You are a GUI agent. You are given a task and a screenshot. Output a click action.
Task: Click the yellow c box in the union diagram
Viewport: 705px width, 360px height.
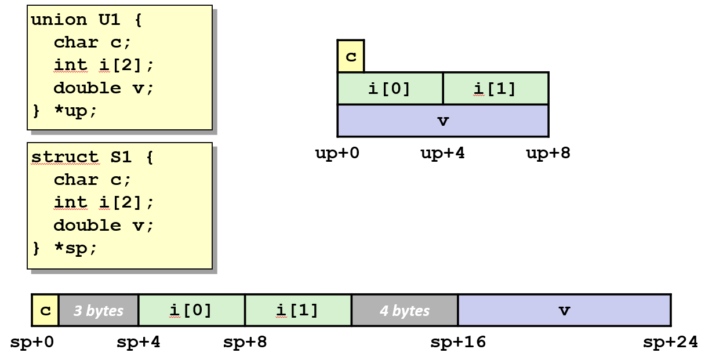coord(351,56)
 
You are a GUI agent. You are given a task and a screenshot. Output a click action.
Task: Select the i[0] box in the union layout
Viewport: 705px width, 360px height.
coord(390,89)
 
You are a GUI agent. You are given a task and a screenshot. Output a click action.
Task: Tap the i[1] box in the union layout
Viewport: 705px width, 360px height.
coord(495,89)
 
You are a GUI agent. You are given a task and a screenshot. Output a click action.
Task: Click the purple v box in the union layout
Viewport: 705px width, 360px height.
coord(443,121)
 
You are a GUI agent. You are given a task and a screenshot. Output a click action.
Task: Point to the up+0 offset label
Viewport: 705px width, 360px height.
coord(337,154)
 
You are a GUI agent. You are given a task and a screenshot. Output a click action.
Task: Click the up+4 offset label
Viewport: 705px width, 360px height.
coord(443,154)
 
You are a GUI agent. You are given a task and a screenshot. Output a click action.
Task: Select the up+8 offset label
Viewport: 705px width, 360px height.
coord(548,154)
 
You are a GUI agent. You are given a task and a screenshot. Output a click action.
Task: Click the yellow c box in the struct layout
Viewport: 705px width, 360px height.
coord(45,310)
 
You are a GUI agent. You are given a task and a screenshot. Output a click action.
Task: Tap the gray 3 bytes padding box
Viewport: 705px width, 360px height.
coord(99,310)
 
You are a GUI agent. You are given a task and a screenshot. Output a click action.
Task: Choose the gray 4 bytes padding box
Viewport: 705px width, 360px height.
coord(405,310)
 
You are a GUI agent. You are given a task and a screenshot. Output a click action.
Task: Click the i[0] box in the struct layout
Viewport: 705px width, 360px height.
coord(191,310)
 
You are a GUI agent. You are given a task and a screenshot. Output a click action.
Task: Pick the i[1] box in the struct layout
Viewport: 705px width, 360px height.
coord(298,310)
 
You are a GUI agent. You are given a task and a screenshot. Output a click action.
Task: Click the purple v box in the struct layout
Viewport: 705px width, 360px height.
coord(564,310)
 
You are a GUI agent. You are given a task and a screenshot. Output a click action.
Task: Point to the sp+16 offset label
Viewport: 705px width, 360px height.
coord(458,343)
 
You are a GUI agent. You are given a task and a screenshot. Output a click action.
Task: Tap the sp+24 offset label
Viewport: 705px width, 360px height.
coord(670,343)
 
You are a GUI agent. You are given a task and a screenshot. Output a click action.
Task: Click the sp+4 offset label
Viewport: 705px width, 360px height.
coord(139,343)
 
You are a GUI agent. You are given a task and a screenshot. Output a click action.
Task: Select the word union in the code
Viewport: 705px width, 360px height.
coord(59,20)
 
